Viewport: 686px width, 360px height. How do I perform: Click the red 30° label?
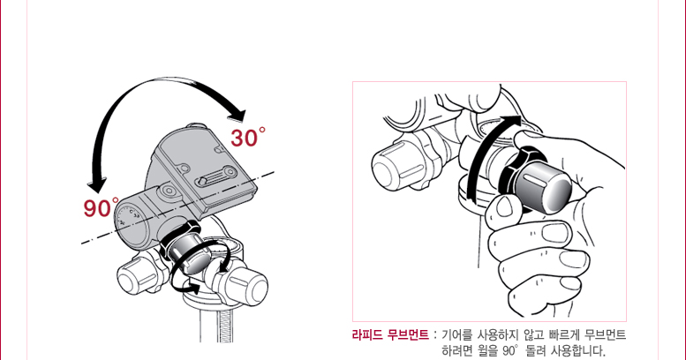[x=247, y=138]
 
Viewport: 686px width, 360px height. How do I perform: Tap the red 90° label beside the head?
[x=101, y=207]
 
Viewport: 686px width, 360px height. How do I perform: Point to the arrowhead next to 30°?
[x=237, y=116]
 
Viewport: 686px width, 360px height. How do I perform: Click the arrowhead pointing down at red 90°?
[x=97, y=185]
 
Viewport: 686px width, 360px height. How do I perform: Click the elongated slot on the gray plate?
[x=216, y=176]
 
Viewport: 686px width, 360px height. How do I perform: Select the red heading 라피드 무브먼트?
[x=390, y=335]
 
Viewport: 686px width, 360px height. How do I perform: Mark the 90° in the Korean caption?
[x=510, y=351]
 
